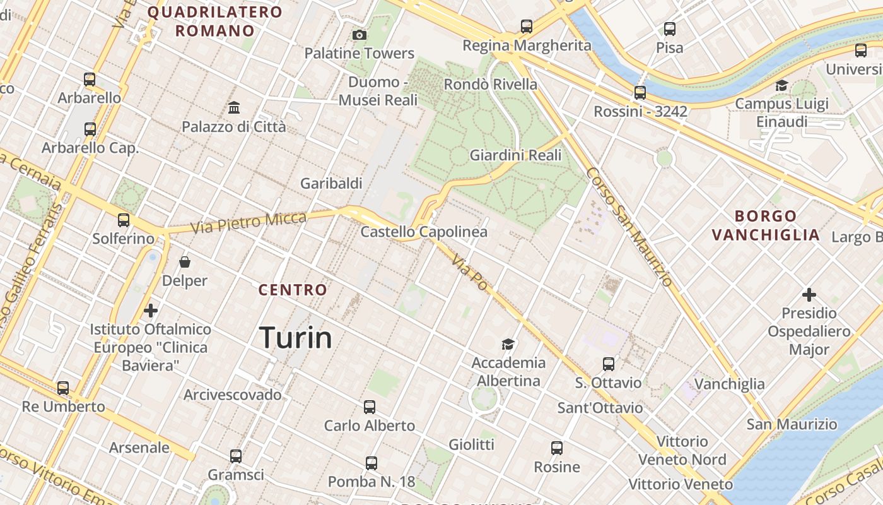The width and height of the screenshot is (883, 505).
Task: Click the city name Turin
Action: coord(295,338)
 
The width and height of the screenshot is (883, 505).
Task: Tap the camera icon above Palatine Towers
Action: coord(360,35)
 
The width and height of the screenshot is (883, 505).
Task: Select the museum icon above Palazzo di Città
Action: coord(234,108)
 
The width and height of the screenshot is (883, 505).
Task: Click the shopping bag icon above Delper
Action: coord(185,261)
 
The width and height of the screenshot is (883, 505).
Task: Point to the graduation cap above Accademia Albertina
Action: coord(508,344)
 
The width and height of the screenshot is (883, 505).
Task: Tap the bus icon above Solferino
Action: coord(124,220)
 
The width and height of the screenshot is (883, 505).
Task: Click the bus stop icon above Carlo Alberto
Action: coord(370,407)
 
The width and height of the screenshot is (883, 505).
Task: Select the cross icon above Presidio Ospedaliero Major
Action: coord(809,295)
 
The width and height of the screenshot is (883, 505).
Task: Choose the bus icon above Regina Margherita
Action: coord(527,27)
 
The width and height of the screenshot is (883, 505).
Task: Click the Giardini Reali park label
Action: coord(515,155)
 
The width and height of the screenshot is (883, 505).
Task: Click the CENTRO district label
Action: coord(293,290)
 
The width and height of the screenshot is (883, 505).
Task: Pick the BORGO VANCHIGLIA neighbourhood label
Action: coord(766,225)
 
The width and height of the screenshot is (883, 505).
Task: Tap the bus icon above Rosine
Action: coord(557,448)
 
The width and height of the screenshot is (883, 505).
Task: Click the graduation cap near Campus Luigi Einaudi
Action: coord(781,85)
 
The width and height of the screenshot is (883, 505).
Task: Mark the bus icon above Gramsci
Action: coord(236,456)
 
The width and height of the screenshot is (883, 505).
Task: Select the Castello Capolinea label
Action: coord(424,232)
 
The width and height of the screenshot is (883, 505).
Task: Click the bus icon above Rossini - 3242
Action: coord(640,93)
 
